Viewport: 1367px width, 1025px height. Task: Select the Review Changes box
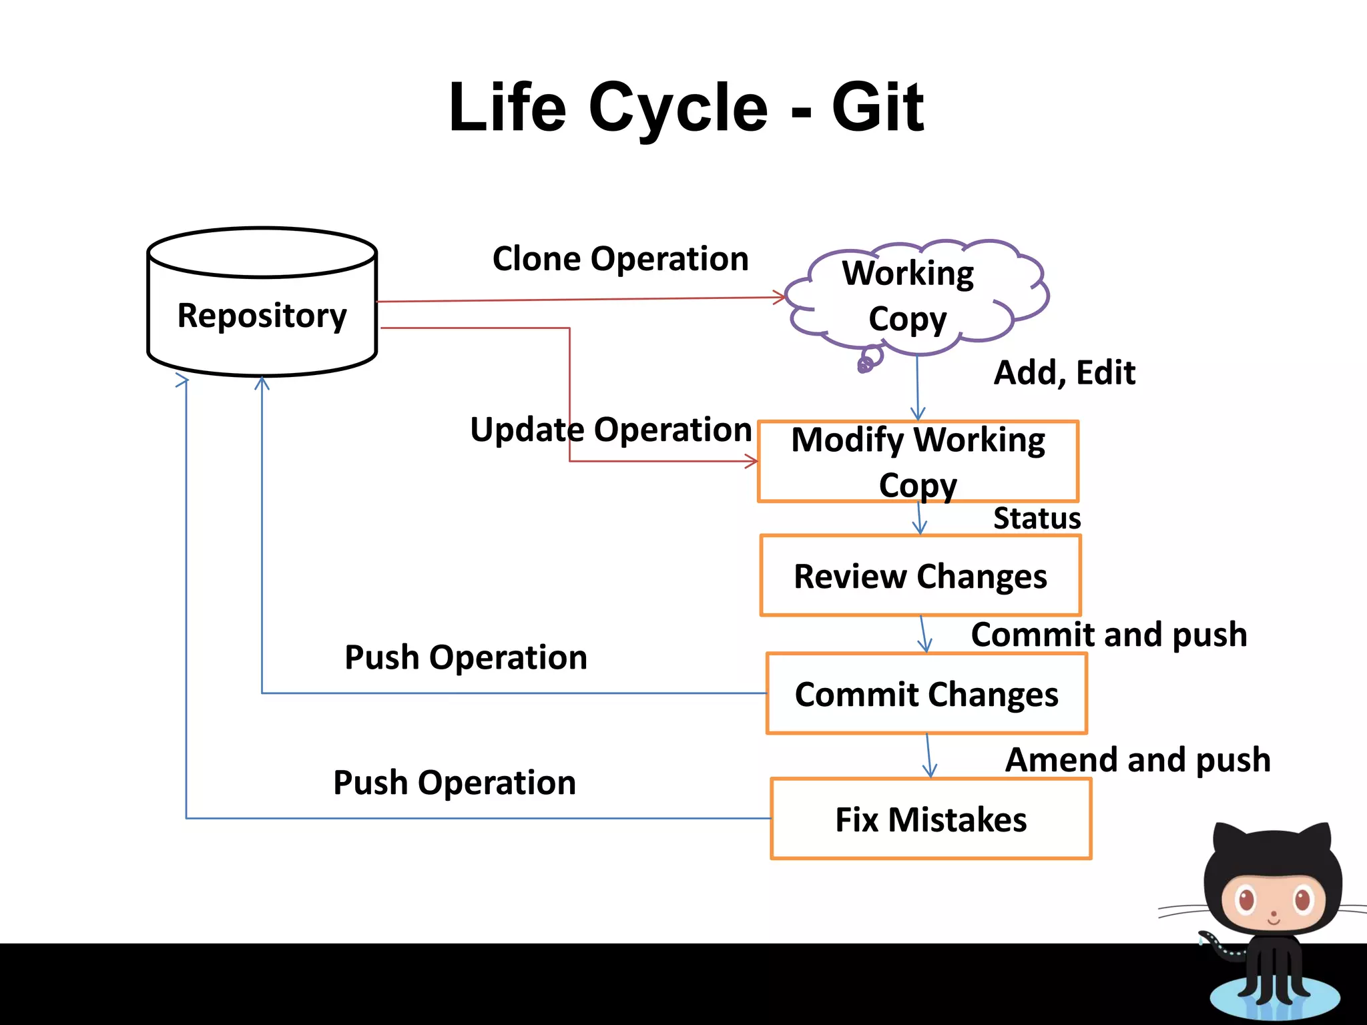(920, 576)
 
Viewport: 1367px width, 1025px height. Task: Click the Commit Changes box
(926, 694)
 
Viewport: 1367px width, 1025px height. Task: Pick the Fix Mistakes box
(930, 819)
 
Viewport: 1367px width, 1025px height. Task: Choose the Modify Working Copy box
(918, 461)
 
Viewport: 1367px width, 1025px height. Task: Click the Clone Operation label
(620, 258)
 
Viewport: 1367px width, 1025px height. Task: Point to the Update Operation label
(611, 429)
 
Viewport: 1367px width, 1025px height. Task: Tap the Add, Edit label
(1064, 372)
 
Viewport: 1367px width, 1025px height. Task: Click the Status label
(1037, 519)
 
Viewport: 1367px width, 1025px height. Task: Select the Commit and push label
(1109, 635)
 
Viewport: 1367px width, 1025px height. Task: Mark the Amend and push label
(1137, 760)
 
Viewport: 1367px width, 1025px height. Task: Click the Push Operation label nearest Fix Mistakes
(455, 783)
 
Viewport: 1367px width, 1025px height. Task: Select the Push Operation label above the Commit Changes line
(466, 658)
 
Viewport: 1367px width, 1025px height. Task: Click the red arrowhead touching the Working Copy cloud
(780, 297)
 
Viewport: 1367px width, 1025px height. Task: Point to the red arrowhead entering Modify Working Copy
(752, 461)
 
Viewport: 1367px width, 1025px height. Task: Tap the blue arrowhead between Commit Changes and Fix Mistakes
(930, 771)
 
